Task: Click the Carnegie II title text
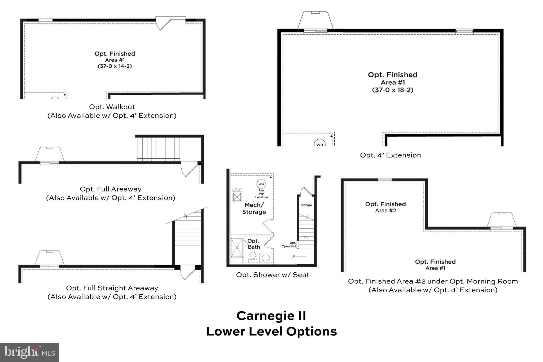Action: click(x=271, y=316)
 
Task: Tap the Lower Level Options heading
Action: click(x=271, y=332)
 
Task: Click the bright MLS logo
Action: click(x=29, y=352)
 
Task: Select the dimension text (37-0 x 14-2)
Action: click(x=115, y=66)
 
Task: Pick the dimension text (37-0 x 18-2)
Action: click(x=393, y=90)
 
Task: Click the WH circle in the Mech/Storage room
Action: click(x=261, y=184)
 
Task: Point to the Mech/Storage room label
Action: click(x=254, y=208)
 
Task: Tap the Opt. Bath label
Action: click(x=253, y=244)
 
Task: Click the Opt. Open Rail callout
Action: click(x=289, y=245)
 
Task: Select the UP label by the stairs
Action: click(x=293, y=256)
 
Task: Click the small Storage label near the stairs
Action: click(x=306, y=205)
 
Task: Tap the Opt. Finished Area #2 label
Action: click(x=385, y=207)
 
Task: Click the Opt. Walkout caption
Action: click(x=112, y=107)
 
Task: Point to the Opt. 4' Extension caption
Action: click(x=390, y=155)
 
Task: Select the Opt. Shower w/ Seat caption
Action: click(x=273, y=275)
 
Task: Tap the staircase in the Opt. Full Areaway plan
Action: click(x=158, y=149)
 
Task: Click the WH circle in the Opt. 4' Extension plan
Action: click(x=320, y=144)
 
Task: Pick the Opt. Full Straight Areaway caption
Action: click(x=112, y=288)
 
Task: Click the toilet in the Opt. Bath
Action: click(x=253, y=257)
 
